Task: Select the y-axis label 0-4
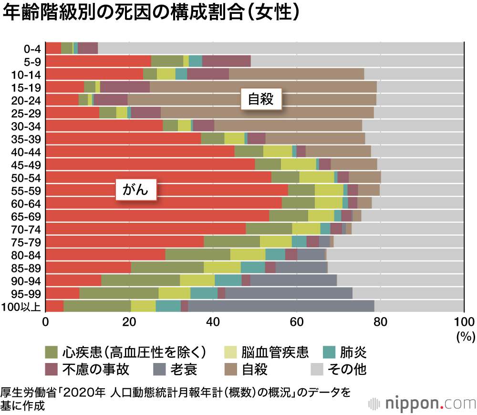point(33,48)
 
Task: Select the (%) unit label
point(464,337)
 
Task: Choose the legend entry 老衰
point(184,369)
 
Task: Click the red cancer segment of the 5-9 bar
point(98,61)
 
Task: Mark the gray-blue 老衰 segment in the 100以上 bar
point(281,306)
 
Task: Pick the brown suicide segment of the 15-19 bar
point(263,87)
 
